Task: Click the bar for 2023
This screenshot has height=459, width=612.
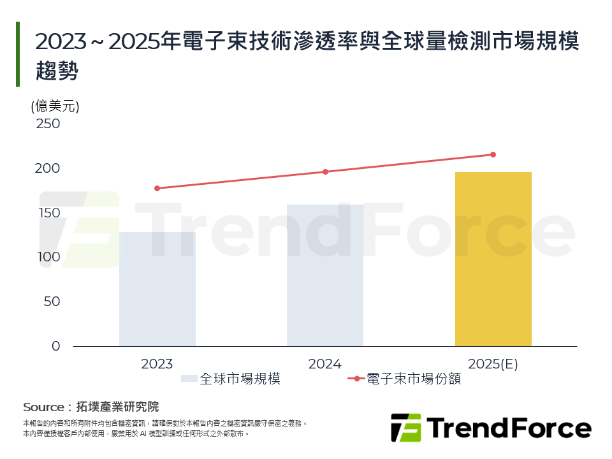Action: tap(157, 289)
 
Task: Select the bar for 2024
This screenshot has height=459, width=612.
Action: tap(325, 275)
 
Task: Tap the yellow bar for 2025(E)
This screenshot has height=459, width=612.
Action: tap(493, 259)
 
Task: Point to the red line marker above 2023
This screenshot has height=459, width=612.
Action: tap(157, 188)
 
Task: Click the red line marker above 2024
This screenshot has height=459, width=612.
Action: tap(325, 171)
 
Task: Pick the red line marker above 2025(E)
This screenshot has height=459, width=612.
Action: tap(493, 154)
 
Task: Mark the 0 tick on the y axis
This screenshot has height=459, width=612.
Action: tap(55, 346)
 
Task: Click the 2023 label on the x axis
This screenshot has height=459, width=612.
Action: tap(157, 364)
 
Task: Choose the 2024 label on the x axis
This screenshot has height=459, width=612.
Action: tap(325, 364)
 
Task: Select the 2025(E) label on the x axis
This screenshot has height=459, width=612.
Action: tap(493, 364)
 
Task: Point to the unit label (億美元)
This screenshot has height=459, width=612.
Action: tap(55, 106)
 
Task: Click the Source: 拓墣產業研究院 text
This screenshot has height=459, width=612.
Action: tap(91, 407)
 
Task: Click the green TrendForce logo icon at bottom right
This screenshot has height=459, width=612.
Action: tap(405, 428)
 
